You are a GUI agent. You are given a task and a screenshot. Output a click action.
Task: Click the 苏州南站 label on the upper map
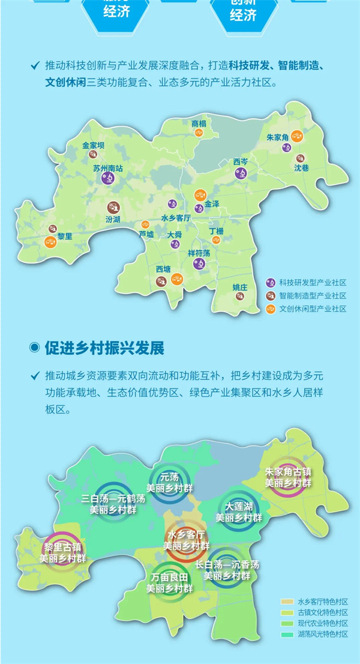point(108,169)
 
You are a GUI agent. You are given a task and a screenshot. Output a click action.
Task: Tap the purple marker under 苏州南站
point(108,180)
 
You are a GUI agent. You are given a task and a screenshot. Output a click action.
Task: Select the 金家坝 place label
point(94,145)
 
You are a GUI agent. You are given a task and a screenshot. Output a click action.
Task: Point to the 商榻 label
point(199,124)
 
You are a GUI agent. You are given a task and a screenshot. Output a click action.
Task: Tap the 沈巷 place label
point(302,169)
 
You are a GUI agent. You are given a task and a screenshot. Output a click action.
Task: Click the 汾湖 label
point(112,219)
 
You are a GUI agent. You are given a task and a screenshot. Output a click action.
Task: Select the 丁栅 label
point(216,231)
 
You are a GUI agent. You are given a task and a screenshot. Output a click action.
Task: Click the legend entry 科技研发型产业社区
point(312,282)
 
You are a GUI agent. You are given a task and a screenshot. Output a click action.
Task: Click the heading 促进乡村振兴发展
point(104,348)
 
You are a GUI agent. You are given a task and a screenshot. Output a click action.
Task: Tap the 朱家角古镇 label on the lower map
point(288,472)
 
